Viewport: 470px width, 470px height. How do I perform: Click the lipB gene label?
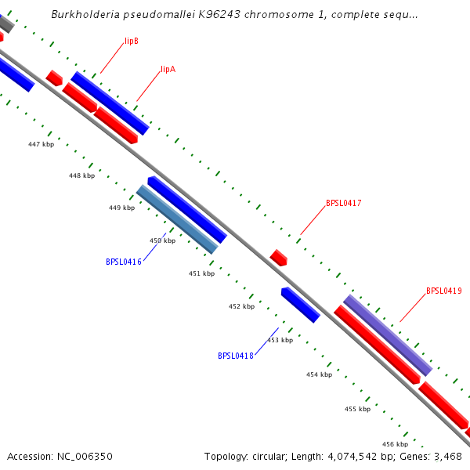tap(132, 41)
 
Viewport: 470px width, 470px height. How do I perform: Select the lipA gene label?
tap(168, 69)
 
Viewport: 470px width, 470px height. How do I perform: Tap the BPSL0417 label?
tap(343, 204)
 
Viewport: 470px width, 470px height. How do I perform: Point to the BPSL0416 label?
tap(124, 262)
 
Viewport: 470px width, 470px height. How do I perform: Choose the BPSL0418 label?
tap(236, 356)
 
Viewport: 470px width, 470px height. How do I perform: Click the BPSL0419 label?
tap(443, 291)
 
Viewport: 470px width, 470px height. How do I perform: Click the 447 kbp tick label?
tap(42, 144)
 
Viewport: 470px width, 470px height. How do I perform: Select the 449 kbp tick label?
tap(121, 208)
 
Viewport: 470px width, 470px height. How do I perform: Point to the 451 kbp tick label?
tap(201, 273)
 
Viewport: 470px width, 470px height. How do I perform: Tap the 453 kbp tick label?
tap(280, 340)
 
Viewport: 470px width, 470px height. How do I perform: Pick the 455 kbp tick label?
tap(357, 409)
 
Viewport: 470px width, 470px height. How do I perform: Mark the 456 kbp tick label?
tap(395, 444)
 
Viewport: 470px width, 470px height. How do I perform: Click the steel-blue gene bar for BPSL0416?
tap(177, 219)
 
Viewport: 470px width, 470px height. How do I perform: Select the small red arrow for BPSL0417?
tap(279, 257)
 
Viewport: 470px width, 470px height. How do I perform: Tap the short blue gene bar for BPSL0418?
tap(300, 305)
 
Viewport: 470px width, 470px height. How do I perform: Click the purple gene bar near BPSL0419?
tap(388, 335)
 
